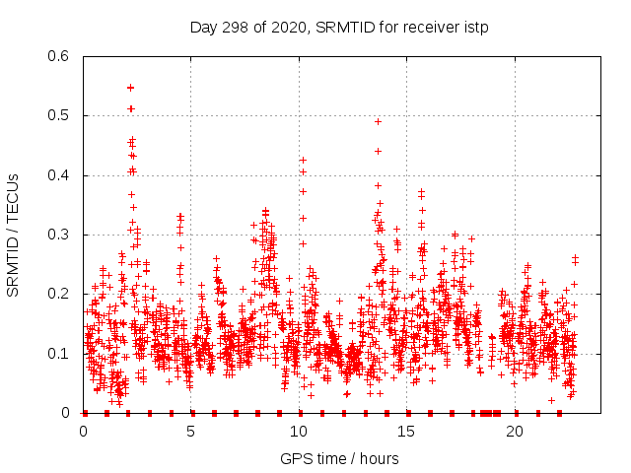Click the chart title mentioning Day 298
click(340, 27)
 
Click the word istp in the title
click(478, 27)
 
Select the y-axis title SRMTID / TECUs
click(13, 235)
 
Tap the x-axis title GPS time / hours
click(340, 458)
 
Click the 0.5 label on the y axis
click(60, 115)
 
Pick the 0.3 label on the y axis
click(60, 235)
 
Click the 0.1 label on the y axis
click(60, 353)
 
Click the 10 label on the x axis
click(300, 432)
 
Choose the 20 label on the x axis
click(516, 432)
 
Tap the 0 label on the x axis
click(83, 432)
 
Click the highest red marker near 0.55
click(130, 87)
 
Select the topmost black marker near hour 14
click(378, 121)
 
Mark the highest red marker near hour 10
click(303, 160)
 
